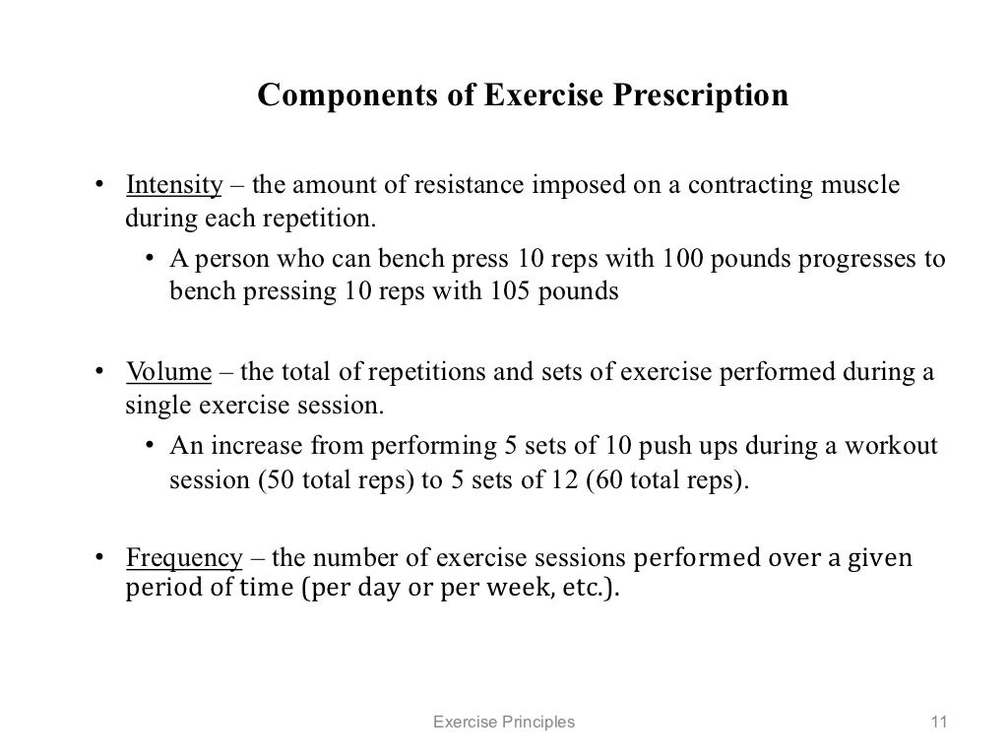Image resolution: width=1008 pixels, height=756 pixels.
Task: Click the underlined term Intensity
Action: [x=174, y=185]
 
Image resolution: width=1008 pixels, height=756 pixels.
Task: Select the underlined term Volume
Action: [x=168, y=372]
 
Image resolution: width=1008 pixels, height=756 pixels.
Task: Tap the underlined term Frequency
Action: [x=184, y=558]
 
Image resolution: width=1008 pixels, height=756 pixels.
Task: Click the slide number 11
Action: [x=937, y=723]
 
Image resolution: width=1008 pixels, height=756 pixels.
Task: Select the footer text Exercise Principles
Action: [x=504, y=723]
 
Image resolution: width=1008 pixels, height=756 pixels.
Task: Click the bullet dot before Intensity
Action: [x=98, y=186]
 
